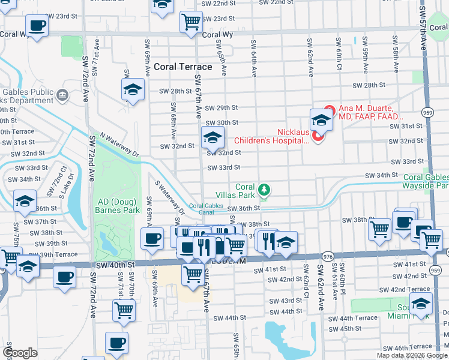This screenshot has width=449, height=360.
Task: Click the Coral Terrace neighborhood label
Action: pos(182,67)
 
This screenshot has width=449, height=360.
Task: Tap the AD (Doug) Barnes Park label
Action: pos(117,205)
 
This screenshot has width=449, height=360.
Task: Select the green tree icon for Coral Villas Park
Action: pos(263,191)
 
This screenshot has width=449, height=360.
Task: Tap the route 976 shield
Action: pos(327,256)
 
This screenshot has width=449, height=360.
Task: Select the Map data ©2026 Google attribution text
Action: pos(412,355)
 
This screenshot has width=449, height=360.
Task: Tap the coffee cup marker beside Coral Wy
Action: pos(37,26)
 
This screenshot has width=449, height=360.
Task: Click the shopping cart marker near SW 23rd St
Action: pos(191,22)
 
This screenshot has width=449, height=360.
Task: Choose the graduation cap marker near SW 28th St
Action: pos(133,90)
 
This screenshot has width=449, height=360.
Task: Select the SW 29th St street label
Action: pos(221,108)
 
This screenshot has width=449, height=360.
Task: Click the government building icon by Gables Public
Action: pos(62,95)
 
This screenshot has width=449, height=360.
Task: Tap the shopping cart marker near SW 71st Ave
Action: pos(124,310)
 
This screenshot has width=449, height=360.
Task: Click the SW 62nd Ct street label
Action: pos(306,277)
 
